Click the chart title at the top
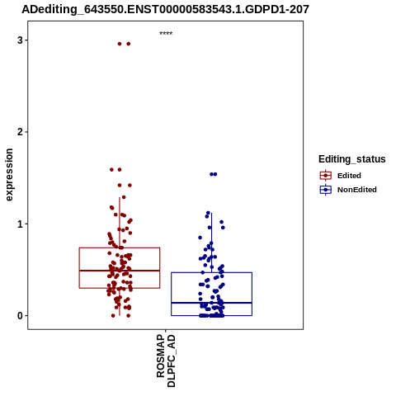click(x=165, y=9)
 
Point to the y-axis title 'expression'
click(x=9, y=175)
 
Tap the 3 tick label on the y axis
click(x=20, y=40)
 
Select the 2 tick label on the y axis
click(x=20, y=132)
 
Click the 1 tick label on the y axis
click(x=20, y=224)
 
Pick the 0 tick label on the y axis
click(x=20, y=316)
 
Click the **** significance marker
click(x=166, y=33)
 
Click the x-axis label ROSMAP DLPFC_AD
click(x=166, y=361)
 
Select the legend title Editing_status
click(x=352, y=159)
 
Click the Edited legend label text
click(x=349, y=176)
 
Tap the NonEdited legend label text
click(x=357, y=190)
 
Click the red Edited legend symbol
click(x=326, y=176)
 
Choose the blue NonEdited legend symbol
click(x=326, y=190)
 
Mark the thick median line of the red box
click(x=120, y=271)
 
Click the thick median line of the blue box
click(x=211, y=303)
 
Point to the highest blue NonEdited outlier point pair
click(x=214, y=174)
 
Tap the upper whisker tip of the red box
click(x=120, y=197)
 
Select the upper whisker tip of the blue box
click(x=211, y=213)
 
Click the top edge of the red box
click(x=120, y=247)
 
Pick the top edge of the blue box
click(x=211, y=272)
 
